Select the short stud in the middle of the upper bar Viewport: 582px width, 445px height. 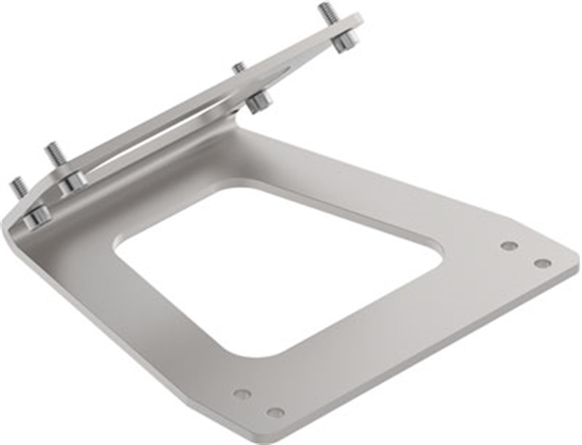pyautogui.click(x=239, y=68)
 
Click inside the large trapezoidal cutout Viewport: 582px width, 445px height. pyautogui.click(x=269, y=269)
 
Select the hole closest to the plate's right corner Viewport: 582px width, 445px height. pyautogui.click(x=542, y=263)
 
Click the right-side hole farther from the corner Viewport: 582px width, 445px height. pyautogui.click(x=509, y=246)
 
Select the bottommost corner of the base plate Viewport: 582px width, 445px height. pyautogui.click(x=257, y=440)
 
